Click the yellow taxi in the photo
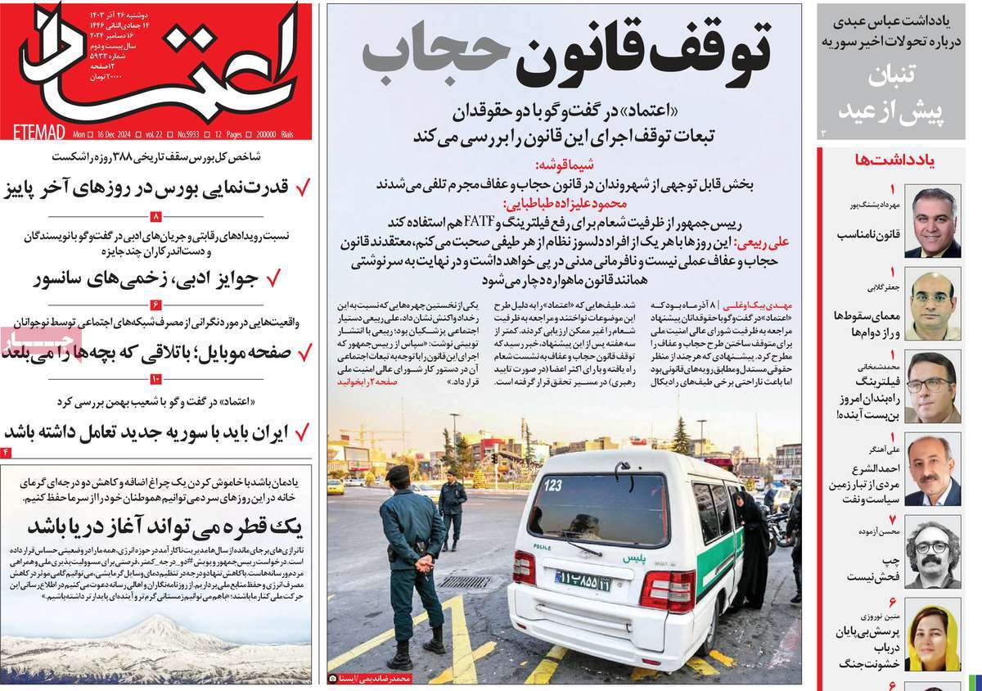click(336, 486)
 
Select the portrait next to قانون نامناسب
click(932, 222)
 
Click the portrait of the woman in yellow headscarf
click(932, 639)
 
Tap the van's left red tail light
click(524, 567)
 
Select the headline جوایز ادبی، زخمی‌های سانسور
click(147, 278)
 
